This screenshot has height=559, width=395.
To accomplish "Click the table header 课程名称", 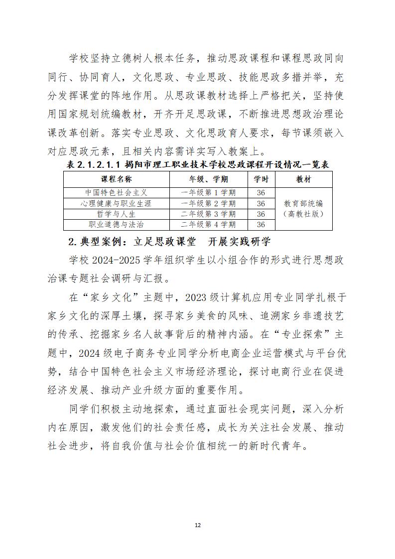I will [x=117, y=178].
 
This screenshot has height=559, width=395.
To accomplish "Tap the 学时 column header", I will [x=261, y=178].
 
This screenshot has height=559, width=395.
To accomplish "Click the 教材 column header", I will [x=303, y=178].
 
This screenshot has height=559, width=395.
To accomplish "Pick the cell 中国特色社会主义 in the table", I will [x=117, y=193].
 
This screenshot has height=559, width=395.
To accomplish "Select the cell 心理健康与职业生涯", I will [x=117, y=203].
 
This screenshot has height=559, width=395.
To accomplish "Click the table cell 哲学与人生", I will [x=117, y=214].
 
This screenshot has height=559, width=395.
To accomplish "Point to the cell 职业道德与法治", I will [x=117, y=225].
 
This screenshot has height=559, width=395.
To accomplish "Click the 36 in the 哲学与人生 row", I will [x=261, y=214].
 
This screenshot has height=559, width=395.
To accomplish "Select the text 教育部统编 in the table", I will [x=303, y=203].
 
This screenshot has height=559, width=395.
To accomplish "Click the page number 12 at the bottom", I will [x=197, y=525].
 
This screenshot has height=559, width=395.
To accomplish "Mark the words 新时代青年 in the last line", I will [x=276, y=445].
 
